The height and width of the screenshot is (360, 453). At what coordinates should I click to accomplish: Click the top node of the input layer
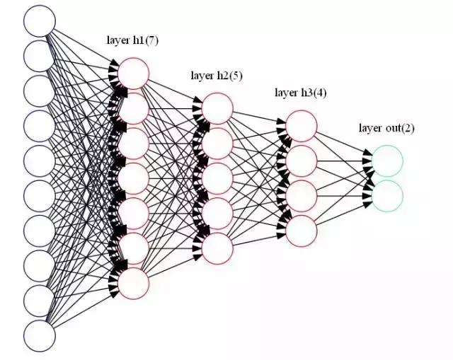tap(40, 21)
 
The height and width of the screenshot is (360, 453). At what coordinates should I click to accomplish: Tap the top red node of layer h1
tap(134, 73)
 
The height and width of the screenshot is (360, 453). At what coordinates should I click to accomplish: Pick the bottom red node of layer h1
tap(134, 283)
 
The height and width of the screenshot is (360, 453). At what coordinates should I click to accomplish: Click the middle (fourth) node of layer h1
tap(134, 178)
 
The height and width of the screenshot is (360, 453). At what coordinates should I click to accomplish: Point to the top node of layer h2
tap(217, 108)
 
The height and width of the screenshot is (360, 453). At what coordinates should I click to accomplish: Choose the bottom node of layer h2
tap(217, 248)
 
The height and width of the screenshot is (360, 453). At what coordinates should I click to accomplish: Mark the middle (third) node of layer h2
tap(217, 178)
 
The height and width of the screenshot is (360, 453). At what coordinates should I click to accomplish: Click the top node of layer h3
tap(302, 125)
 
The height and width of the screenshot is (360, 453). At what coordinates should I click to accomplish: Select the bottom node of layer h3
tap(302, 230)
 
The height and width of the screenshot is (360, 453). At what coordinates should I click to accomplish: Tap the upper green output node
tap(387, 161)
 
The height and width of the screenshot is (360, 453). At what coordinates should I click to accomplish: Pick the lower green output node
tap(387, 195)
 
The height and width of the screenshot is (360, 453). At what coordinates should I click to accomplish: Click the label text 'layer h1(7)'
tap(134, 40)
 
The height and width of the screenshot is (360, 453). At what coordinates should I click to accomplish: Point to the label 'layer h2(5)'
tap(217, 76)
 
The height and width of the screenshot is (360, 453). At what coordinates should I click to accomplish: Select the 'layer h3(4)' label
tap(301, 93)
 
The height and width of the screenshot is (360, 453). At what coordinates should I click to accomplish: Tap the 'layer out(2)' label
tap(386, 128)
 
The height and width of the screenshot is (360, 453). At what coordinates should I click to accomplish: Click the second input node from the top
tap(40, 56)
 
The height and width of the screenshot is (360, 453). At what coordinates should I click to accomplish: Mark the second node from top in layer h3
tap(302, 161)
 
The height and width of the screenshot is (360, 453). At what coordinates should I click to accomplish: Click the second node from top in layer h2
tap(217, 143)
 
